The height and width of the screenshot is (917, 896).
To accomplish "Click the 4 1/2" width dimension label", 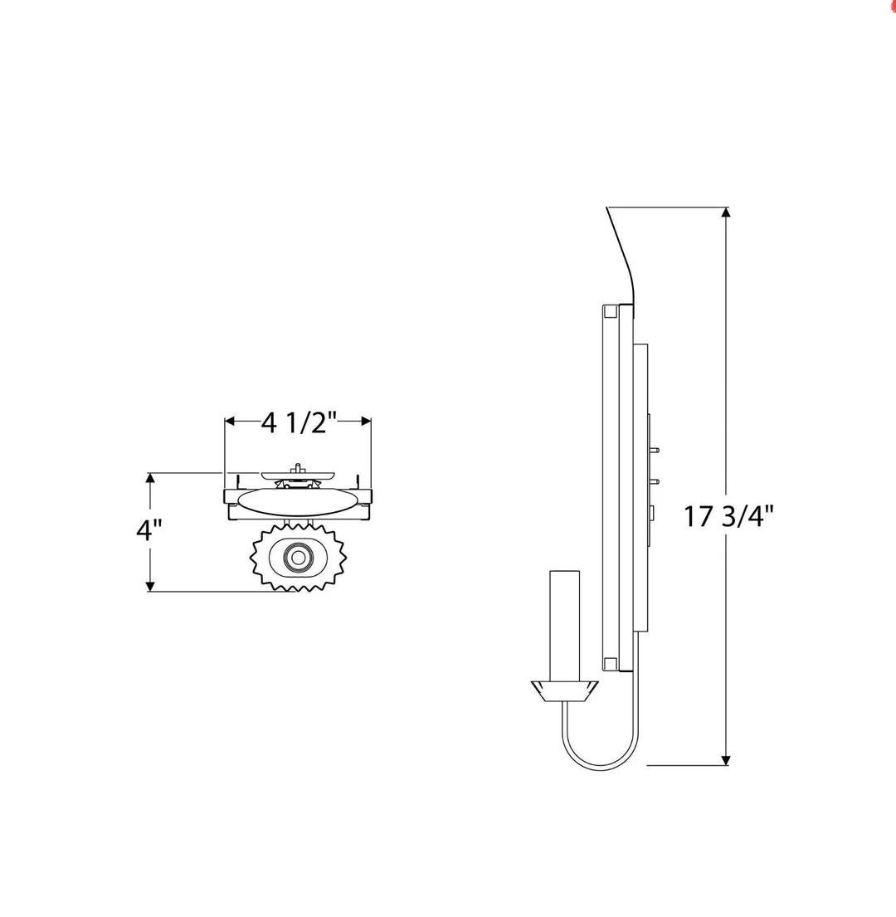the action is (299, 422).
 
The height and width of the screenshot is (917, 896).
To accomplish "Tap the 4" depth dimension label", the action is (149, 530).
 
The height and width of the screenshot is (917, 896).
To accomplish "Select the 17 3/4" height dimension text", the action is (729, 516).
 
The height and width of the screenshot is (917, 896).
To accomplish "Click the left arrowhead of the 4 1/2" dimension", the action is (231, 421).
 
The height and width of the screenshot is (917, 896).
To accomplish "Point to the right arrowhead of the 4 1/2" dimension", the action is (366, 421).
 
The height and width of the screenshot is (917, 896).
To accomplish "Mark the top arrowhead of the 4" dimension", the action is (150, 478).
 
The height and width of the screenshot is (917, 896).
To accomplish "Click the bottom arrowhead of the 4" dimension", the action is (150, 586).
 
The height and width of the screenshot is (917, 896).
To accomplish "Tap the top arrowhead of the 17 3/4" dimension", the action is (726, 213).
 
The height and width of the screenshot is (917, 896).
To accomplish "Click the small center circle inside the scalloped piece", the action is (299, 558).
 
